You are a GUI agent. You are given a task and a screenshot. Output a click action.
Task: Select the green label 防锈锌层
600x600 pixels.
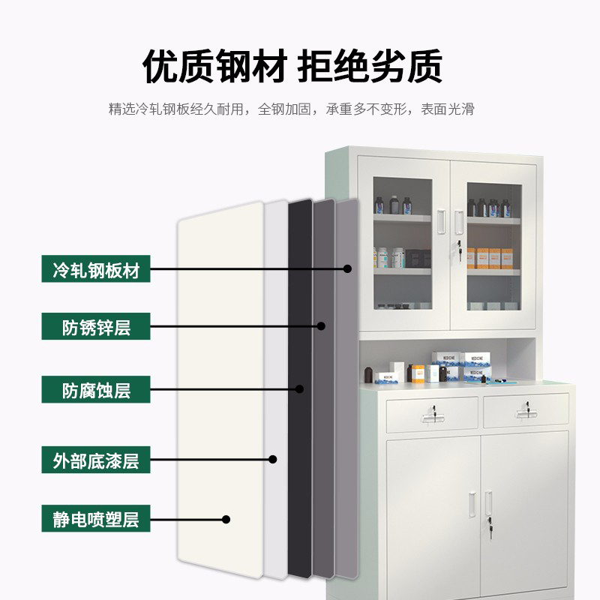(96, 327)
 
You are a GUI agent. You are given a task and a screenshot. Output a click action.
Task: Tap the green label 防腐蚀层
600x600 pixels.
(96, 391)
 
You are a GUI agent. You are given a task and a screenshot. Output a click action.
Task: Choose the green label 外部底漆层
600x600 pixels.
(96, 459)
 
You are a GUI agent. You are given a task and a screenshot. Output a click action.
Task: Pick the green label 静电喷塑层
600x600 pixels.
(96, 518)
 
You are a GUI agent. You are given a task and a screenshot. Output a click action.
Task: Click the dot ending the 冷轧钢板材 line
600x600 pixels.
(348, 268)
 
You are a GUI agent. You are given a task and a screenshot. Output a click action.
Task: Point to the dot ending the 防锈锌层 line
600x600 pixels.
(321, 326)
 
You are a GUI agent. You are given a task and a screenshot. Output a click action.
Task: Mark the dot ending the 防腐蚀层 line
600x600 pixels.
(299, 389)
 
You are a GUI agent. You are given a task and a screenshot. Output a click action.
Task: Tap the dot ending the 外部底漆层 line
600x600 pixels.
(274, 459)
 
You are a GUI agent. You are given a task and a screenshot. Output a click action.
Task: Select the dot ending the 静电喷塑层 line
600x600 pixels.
(226, 518)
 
